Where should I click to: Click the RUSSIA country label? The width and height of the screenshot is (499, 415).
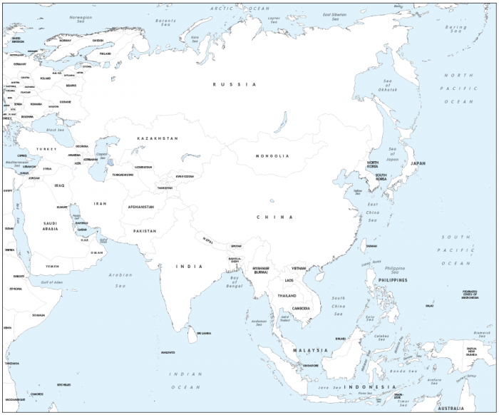[x=234, y=84]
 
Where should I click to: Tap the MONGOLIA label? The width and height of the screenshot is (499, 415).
[x=272, y=155]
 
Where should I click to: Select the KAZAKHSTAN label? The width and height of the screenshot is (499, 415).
[x=158, y=138]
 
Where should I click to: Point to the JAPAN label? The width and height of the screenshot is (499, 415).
[x=418, y=163]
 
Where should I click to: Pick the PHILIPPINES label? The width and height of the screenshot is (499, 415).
[x=393, y=280]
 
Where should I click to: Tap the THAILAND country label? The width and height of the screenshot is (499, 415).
[x=287, y=295]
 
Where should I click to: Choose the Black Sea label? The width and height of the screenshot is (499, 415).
[x=55, y=130]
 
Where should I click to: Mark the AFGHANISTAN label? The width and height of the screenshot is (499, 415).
[x=140, y=207]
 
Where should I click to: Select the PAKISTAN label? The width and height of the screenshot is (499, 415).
[x=144, y=231]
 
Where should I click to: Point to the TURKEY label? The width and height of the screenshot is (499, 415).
[x=46, y=149]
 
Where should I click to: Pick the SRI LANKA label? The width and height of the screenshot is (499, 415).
[x=204, y=333]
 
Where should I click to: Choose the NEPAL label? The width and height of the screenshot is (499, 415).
[x=207, y=239]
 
